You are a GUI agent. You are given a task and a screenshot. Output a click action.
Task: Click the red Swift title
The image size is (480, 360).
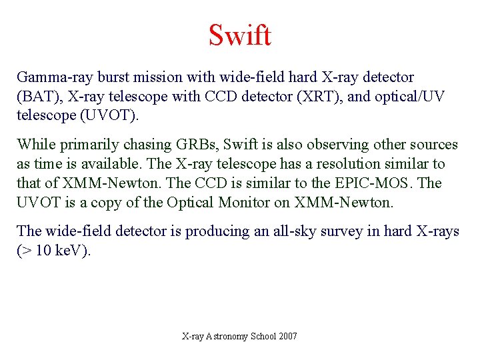coord(240,35)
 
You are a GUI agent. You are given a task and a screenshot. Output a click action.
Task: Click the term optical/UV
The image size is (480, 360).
coord(413,97)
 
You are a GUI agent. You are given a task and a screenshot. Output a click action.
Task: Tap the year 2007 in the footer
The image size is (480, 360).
coord(287,336)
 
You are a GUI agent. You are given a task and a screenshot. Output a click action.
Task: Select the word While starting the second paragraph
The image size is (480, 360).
coord(35,145)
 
